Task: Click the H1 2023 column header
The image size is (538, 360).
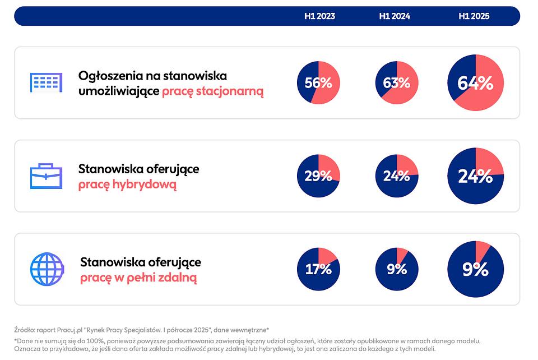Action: coord(319,16)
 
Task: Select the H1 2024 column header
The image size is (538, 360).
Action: coord(395,16)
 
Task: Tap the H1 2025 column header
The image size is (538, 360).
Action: coord(474,16)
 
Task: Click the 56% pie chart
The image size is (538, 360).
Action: coord(318,83)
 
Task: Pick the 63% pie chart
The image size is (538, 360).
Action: coord(397,83)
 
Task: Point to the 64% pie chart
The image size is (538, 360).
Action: coord(475,83)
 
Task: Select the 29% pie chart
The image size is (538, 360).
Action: coord(318,176)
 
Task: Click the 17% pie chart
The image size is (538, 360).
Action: coord(318,269)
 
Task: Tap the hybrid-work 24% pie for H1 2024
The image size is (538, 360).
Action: coord(397,176)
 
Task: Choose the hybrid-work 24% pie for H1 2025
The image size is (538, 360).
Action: coord(475,176)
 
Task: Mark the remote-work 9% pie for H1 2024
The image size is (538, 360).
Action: coord(397,269)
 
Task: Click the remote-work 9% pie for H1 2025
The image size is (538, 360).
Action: coord(475,269)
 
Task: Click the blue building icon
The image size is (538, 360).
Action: coord(46,82)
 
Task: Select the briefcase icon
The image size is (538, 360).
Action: coord(46,176)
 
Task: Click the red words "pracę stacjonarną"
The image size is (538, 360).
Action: coord(212,91)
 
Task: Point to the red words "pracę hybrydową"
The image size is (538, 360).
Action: coord(127,184)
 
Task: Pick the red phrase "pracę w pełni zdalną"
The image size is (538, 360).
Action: coord(138,278)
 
